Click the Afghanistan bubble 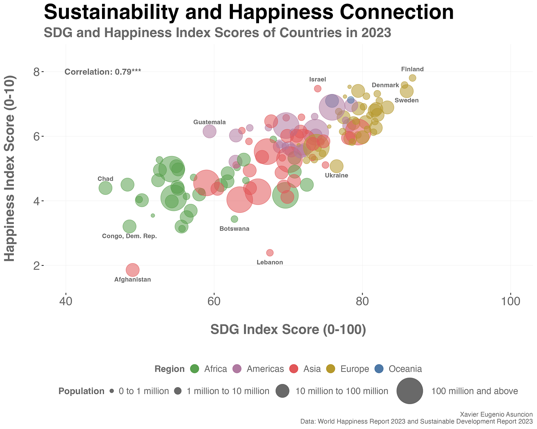pos(133,270)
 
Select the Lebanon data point pos(270,253)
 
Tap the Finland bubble pos(412,78)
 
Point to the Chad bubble pos(105,188)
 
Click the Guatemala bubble pos(210,131)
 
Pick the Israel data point pos(318,88)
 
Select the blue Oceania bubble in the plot pos(351,100)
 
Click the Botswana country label pos(234,229)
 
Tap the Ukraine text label pos(336,175)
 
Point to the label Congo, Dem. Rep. pos(129,236)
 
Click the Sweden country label pos(407,100)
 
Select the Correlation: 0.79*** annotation pos(102,72)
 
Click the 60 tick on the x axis pos(214,301)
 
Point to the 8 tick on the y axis pos(36,72)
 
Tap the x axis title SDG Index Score pos(288,329)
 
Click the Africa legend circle pos(195,369)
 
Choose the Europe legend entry pos(354,369)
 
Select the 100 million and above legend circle pos(410,391)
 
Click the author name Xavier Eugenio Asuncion pos(496,414)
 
